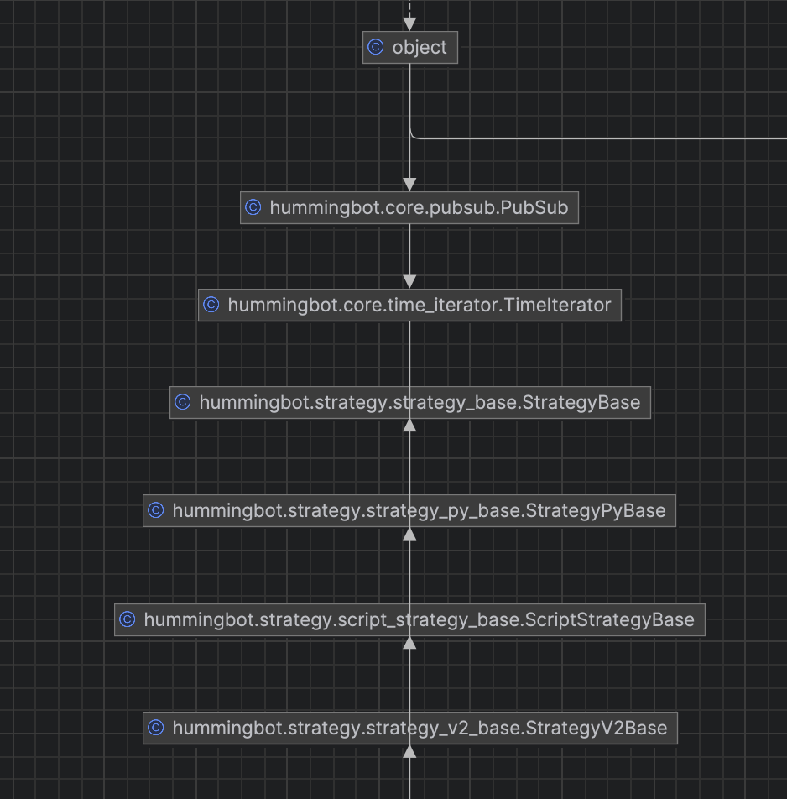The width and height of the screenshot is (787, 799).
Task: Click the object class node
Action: point(411,48)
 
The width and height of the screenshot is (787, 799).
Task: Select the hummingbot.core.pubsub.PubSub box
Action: point(409,208)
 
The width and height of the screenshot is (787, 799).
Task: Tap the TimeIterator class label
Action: point(409,305)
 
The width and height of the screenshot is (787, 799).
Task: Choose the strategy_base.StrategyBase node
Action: point(409,403)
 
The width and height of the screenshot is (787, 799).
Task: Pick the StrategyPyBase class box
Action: point(409,510)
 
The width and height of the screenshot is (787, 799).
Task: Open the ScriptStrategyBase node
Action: point(409,620)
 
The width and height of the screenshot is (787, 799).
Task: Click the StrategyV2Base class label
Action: point(409,728)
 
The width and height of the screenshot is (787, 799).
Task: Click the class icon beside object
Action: point(376,48)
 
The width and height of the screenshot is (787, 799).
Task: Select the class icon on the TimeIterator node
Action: point(211,305)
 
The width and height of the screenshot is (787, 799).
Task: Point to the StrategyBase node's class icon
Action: point(183,403)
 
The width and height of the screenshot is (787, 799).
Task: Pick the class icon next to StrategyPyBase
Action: point(156,510)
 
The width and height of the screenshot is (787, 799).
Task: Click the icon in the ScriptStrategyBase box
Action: point(128,620)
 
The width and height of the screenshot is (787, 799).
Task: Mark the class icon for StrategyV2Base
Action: point(156,728)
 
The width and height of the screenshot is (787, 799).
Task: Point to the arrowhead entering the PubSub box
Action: point(409,185)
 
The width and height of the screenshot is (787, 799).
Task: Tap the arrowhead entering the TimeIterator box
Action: point(409,282)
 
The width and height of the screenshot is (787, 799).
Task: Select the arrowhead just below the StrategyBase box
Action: point(409,425)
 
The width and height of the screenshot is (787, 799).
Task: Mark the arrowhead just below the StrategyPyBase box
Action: point(409,533)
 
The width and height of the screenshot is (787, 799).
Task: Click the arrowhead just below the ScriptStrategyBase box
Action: point(409,643)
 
